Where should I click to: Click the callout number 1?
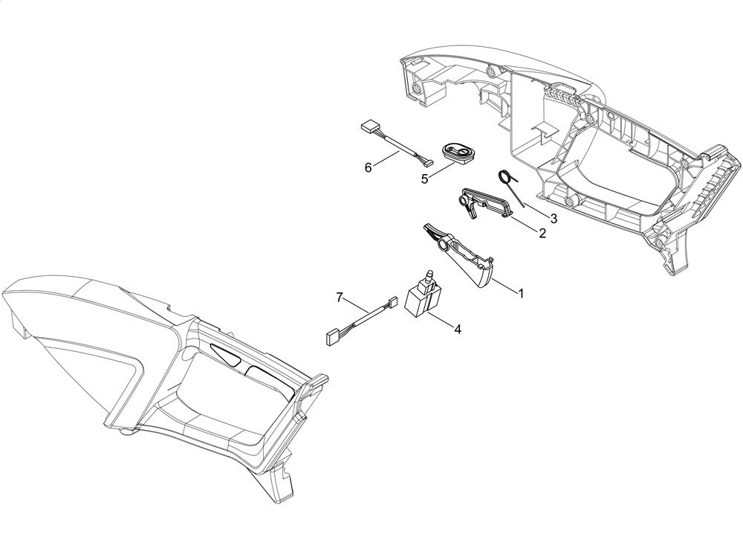522,294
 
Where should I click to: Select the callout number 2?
542,233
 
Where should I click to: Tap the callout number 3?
553,219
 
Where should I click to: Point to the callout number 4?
457,330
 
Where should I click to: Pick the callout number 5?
424,179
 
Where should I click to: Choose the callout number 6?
368,167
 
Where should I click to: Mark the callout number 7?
340,298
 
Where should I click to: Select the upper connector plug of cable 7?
392,301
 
